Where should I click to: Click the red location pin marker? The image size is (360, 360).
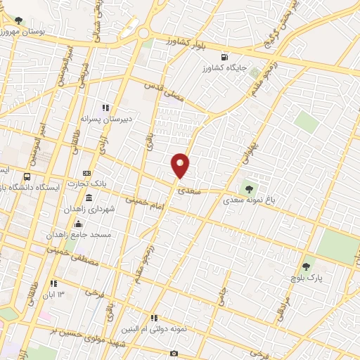(181, 165)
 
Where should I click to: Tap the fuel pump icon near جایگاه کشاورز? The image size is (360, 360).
(224, 57)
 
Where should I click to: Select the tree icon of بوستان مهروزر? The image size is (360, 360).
(18, 20)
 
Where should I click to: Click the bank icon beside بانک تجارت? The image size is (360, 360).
(86, 173)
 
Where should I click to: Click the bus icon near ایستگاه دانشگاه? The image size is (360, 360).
(27, 176)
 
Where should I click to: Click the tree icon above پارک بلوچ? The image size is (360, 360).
(306, 267)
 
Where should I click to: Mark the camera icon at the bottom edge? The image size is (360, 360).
(174, 353)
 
